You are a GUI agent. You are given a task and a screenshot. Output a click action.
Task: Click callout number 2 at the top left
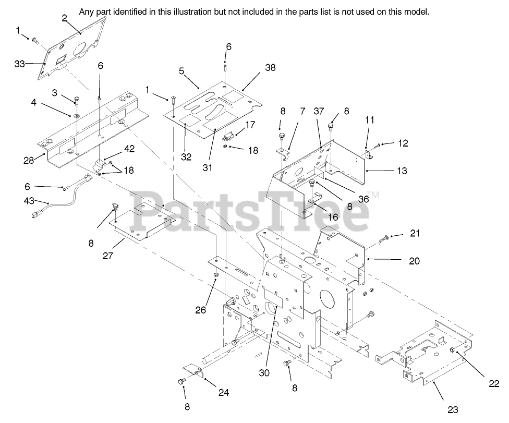pyautogui.click(x=64, y=18)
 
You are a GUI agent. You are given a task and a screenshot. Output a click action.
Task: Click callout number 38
pyautogui.click(x=270, y=67)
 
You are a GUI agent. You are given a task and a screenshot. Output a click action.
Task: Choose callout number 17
pyautogui.click(x=250, y=125)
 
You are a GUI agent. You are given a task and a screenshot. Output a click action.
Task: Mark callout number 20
pyautogui.click(x=414, y=261)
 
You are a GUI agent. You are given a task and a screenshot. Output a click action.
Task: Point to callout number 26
pyautogui.click(x=201, y=310)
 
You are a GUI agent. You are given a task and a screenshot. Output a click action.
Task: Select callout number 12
pyautogui.click(x=402, y=142)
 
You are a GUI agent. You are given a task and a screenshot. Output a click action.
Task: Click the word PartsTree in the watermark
pyautogui.click(x=254, y=211)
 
